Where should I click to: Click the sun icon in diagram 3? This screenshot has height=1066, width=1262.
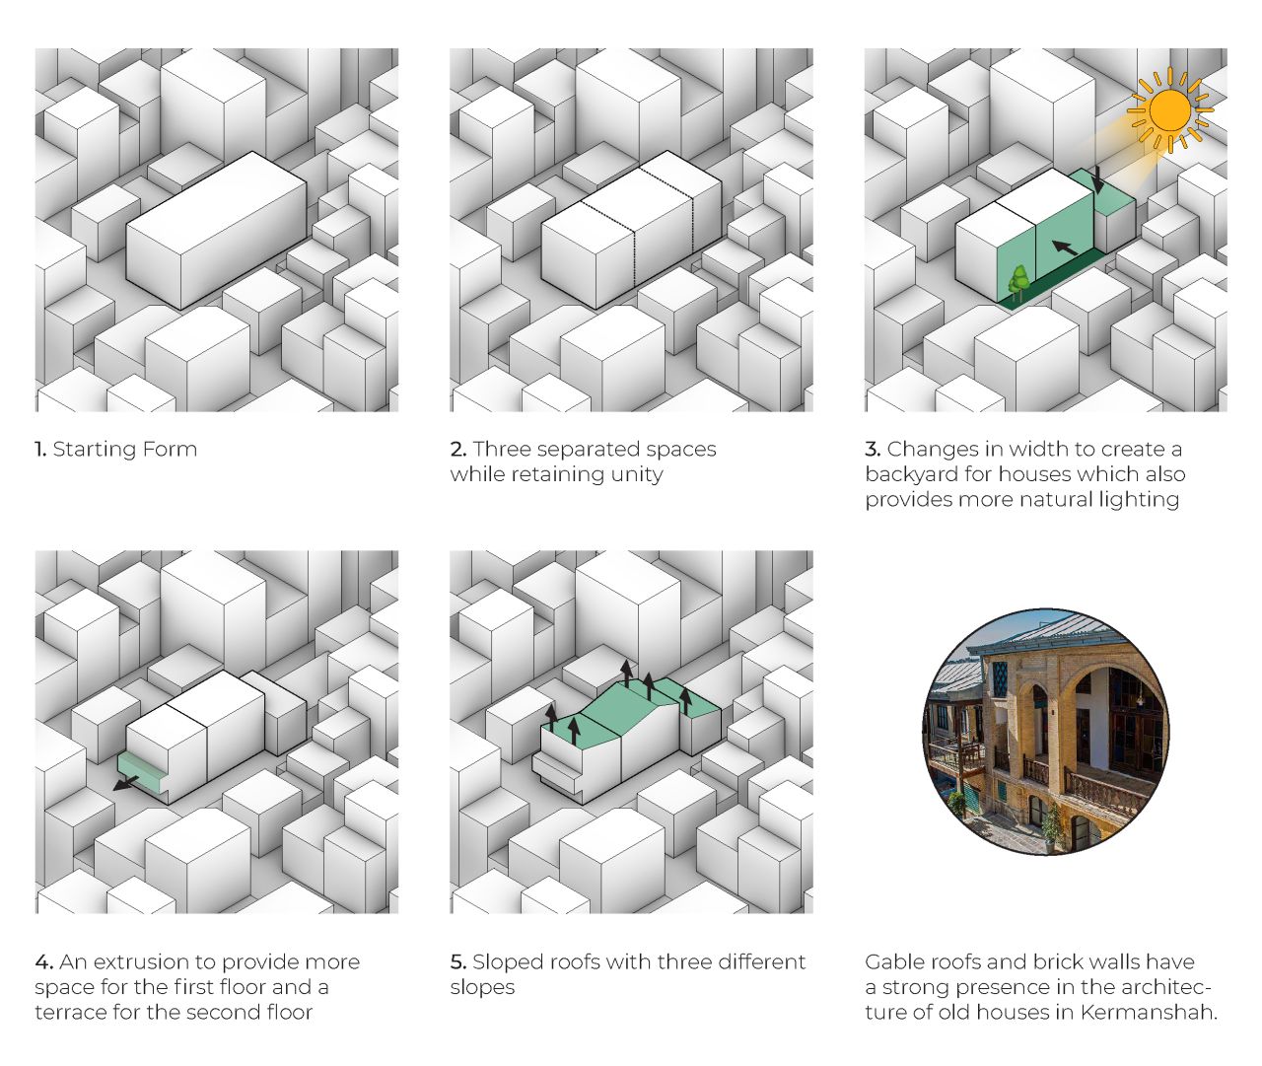(x=1170, y=110)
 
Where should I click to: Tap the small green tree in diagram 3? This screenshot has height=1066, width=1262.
(x=1019, y=283)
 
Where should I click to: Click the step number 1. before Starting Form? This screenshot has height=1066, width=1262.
(x=39, y=450)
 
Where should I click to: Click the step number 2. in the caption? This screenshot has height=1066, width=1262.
(x=458, y=450)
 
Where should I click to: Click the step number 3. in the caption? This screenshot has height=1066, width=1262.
(x=873, y=450)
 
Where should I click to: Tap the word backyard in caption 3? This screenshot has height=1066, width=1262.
(x=911, y=474)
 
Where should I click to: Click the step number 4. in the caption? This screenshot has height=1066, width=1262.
(x=44, y=962)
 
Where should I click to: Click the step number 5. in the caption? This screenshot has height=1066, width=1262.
(x=458, y=962)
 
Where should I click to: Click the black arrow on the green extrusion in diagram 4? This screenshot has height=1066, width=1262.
(x=126, y=784)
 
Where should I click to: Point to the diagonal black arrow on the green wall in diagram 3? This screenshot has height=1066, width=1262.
(x=1065, y=248)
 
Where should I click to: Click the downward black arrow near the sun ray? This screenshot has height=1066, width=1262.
(x=1098, y=178)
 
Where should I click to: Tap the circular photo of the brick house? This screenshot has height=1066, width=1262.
(x=1046, y=732)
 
